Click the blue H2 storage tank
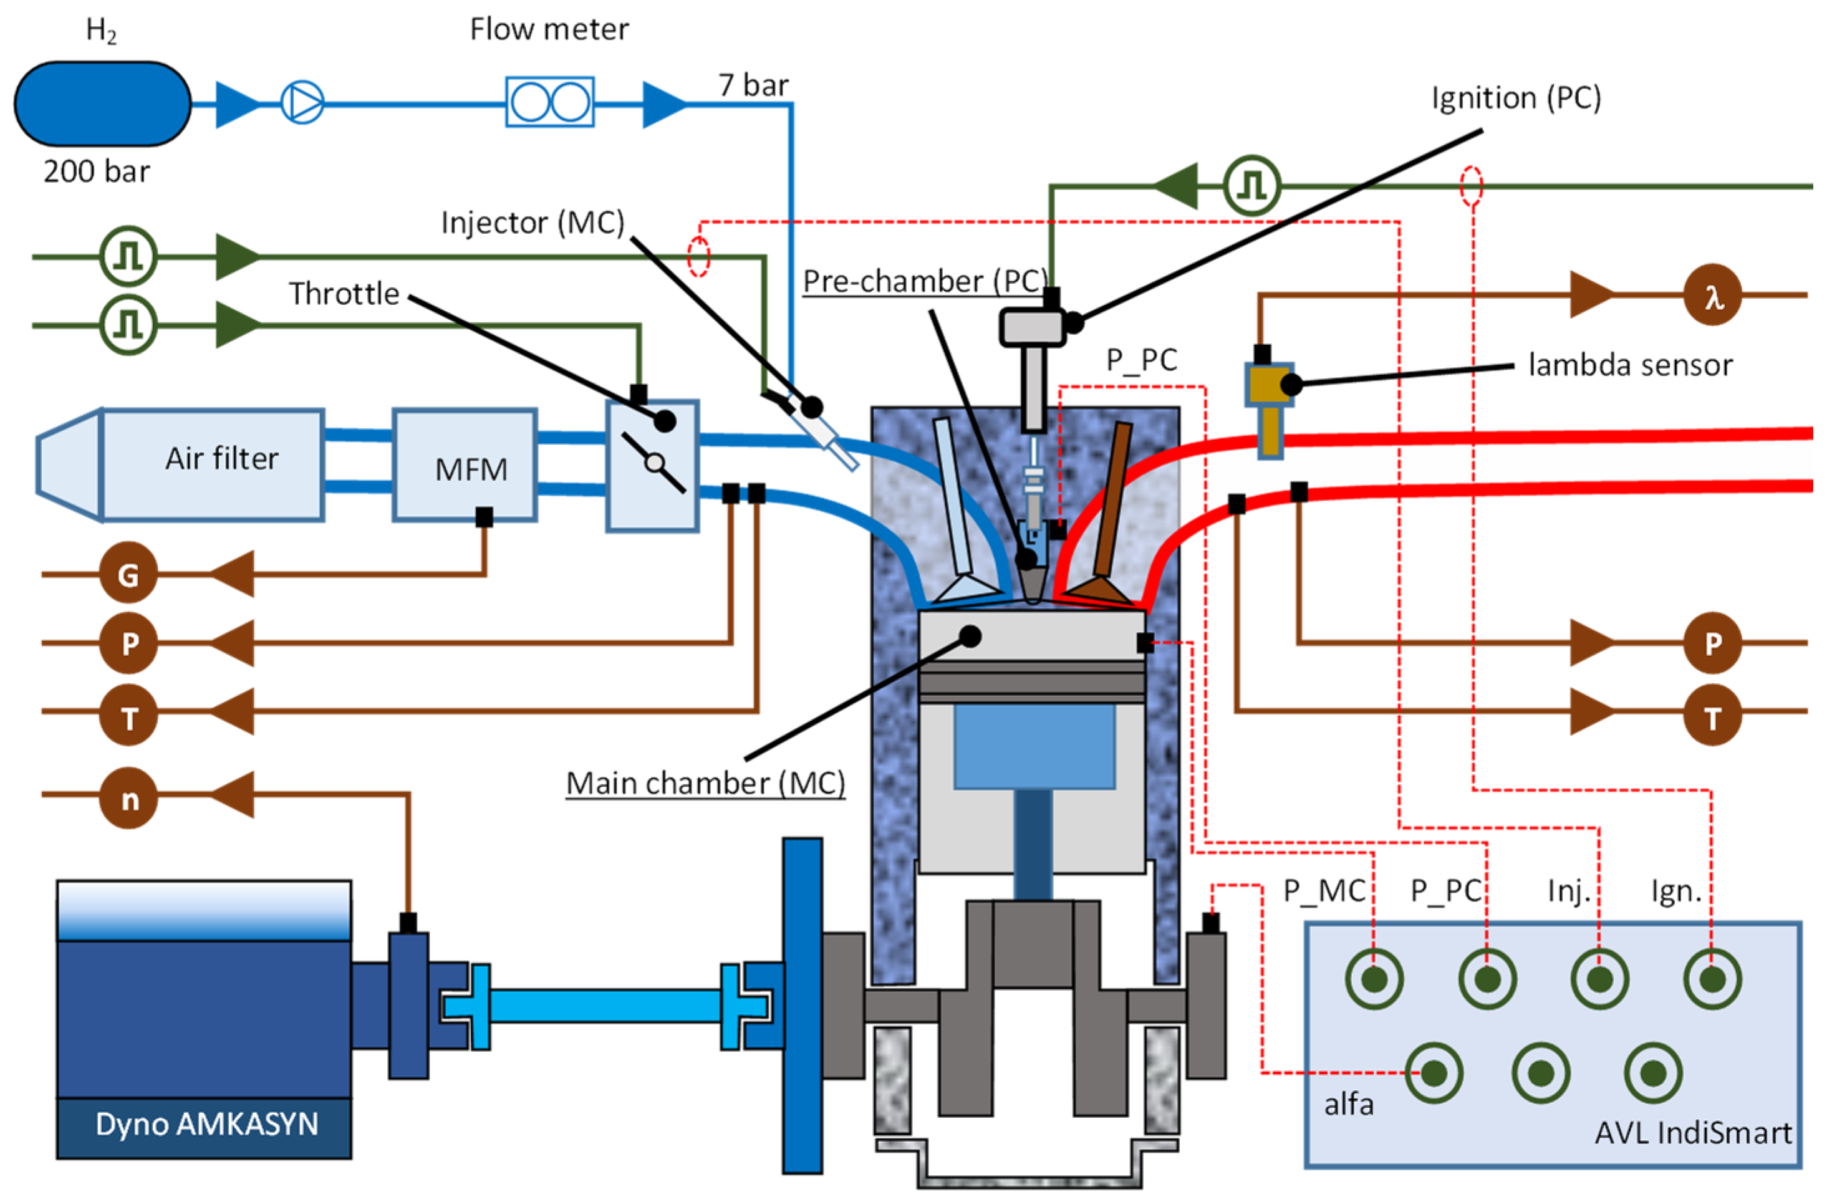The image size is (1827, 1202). pos(102,103)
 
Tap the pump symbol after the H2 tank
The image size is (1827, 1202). pos(302,103)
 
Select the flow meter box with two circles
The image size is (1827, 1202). pos(549,102)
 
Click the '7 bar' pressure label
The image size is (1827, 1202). pos(753,85)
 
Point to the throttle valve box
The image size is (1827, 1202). pos(652,465)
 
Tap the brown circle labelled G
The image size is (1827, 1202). pos(128,574)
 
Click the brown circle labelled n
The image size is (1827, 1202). pos(128,799)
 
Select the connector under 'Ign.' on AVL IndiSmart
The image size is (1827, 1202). pos(1712,979)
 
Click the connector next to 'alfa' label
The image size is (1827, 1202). pos(1433,1073)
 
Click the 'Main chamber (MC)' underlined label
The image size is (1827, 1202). pos(705,783)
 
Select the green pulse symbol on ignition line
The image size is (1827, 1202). pos(1251,186)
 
